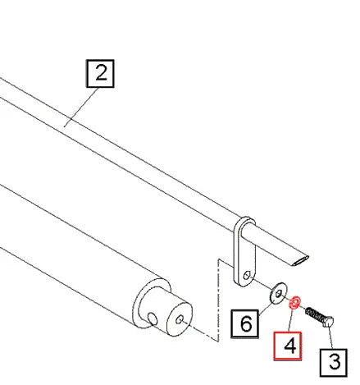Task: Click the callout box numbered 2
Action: [100, 73]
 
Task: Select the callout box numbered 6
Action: [244, 323]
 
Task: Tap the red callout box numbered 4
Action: [288, 346]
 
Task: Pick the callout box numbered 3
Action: [334, 363]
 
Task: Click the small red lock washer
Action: [295, 302]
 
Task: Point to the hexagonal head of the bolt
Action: [328, 322]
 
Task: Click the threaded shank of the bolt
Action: [314, 315]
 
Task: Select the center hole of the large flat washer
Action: [279, 294]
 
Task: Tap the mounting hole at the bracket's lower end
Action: [247, 275]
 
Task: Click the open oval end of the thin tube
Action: [300, 260]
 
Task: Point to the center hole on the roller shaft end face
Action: [180, 319]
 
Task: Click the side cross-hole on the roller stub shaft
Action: [153, 319]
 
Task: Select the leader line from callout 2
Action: [81, 108]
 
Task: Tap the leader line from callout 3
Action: [330, 337]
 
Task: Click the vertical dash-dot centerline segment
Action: [218, 300]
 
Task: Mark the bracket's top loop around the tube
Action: [245, 225]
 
